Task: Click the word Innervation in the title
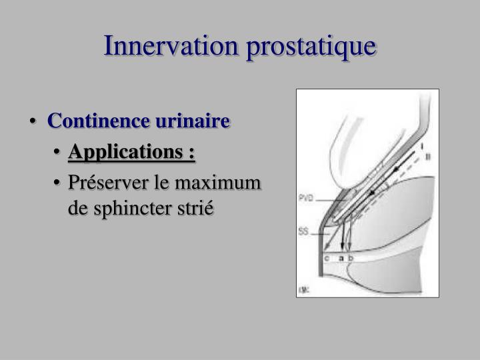point(167,46)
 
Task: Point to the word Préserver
point(106,183)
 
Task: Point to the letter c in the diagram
point(327,257)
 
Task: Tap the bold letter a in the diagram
point(341,257)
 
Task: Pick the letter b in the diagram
point(351,257)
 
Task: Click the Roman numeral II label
point(427,156)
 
